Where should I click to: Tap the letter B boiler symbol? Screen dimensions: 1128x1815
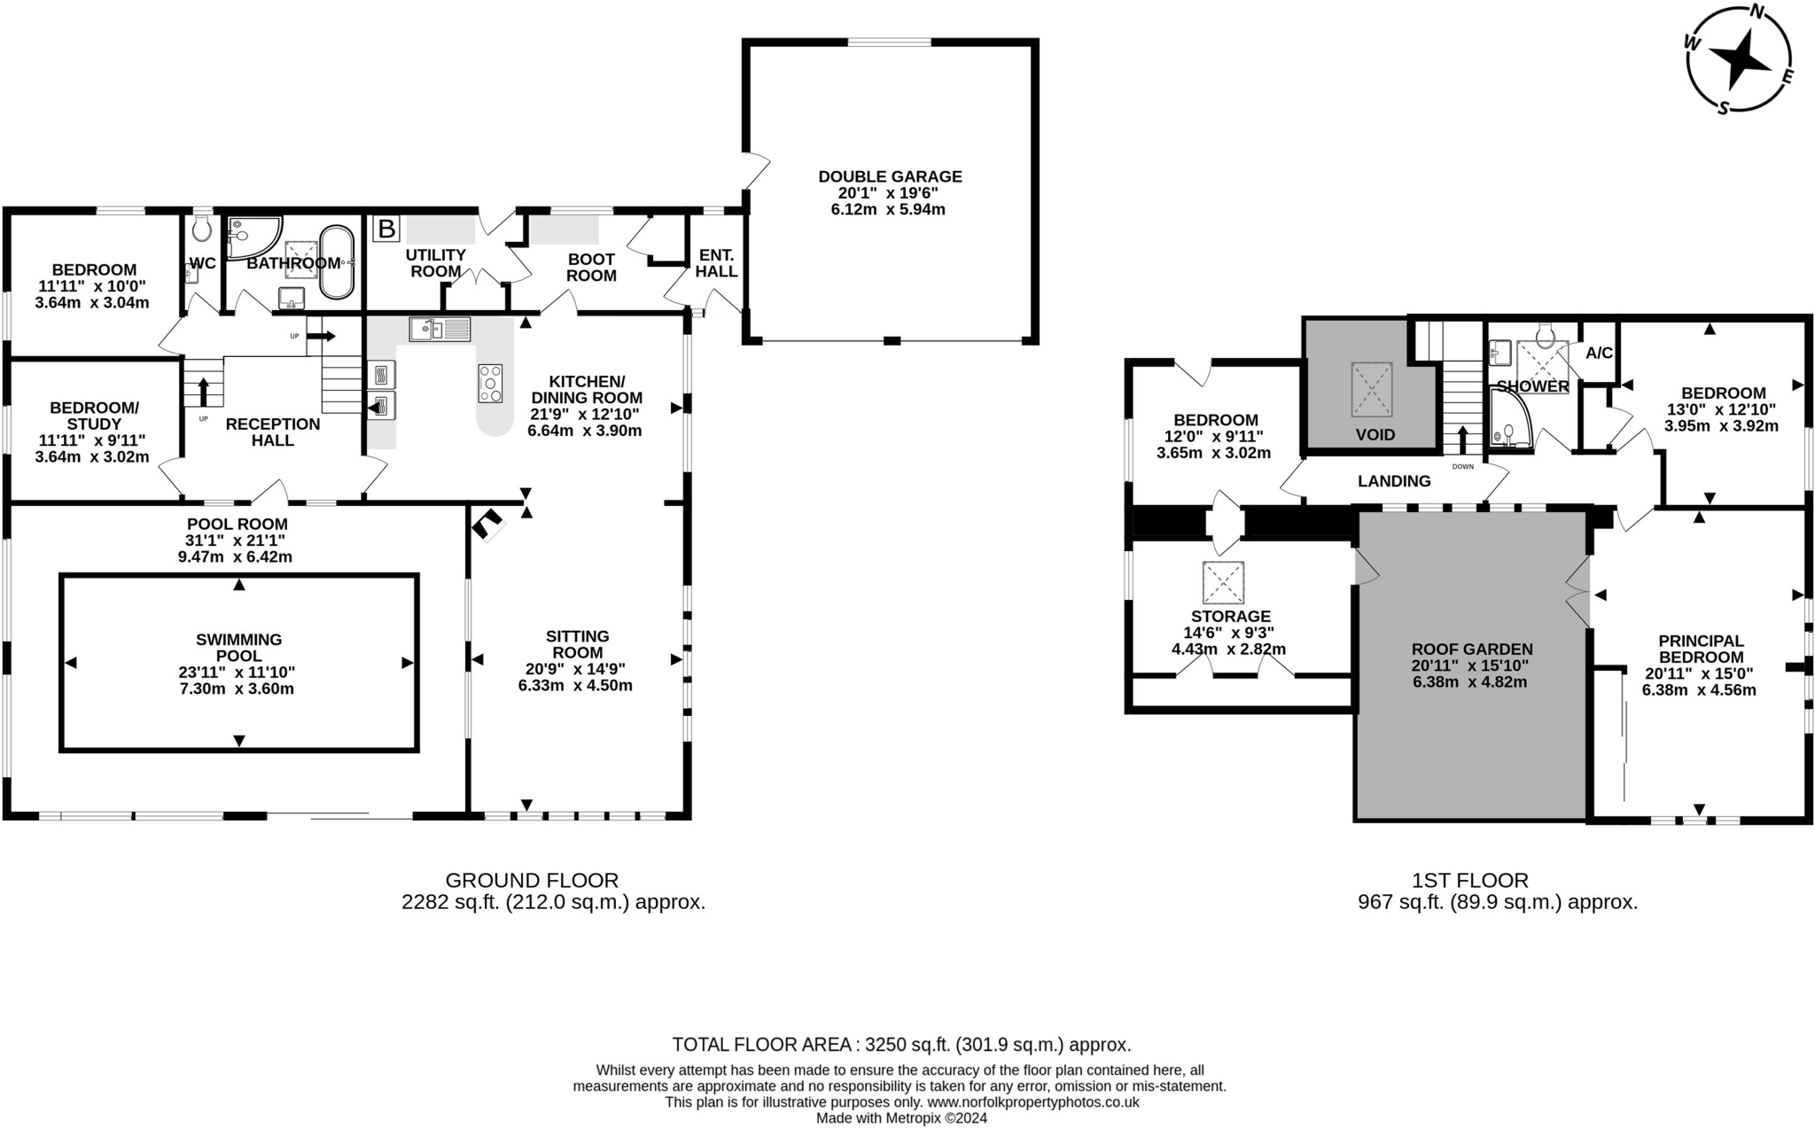click(386, 229)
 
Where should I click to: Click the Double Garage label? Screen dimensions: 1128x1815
click(890, 176)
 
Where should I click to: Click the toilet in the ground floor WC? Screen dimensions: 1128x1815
click(202, 229)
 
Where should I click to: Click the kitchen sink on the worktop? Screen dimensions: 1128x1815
click(440, 330)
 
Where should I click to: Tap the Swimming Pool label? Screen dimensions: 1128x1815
click(238, 647)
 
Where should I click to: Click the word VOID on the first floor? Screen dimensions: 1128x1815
click(1375, 435)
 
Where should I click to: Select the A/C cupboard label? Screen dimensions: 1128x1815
click(1599, 354)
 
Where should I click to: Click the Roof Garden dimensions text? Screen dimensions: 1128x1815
click(1469, 673)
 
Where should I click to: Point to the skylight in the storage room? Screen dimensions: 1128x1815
click(1223, 582)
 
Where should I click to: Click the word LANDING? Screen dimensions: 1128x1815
click(1394, 481)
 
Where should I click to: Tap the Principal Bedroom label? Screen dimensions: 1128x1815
click(1701, 649)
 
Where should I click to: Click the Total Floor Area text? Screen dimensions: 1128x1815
click(900, 1044)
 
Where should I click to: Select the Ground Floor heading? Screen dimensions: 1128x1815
click(531, 880)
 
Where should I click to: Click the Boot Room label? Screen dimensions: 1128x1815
click(591, 268)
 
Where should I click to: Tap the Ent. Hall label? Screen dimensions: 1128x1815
click(716, 263)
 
